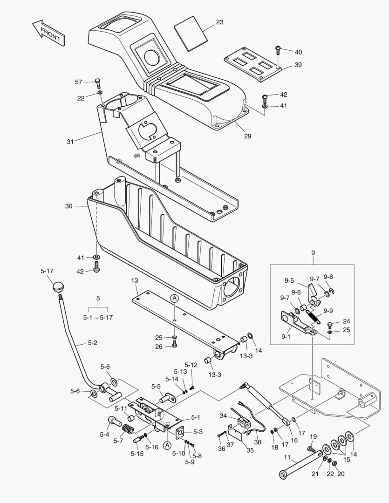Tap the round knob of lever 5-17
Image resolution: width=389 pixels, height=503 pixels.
tap(58, 286)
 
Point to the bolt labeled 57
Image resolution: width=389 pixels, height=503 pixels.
tap(98, 83)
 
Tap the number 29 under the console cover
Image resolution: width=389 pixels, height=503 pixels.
tap(247, 136)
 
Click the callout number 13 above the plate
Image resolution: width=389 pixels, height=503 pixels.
tap(134, 280)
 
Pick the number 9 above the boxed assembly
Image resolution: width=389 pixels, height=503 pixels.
tap(313, 253)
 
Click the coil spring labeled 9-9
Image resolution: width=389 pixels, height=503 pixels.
tap(315, 318)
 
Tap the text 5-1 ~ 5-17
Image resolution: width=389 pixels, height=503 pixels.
tap(98, 317)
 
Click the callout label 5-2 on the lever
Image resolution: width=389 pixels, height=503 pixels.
tap(93, 343)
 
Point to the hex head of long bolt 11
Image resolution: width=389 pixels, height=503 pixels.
tap(282, 475)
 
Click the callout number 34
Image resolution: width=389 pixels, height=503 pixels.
tap(223, 415)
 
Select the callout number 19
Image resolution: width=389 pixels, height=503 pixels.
tap(313, 436)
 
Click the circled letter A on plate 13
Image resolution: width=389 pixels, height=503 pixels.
tap(174, 298)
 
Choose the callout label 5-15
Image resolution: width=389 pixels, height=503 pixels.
tap(137, 453)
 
